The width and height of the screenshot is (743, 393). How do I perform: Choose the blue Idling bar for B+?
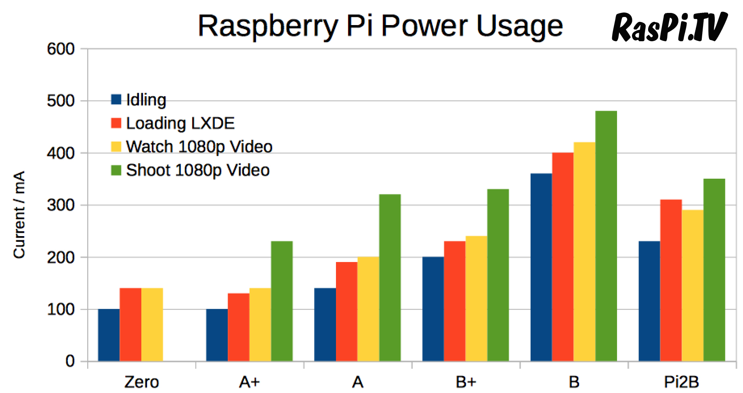pyautogui.click(x=433, y=309)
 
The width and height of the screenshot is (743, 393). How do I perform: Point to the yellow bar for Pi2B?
pyautogui.click(x=693, y=285)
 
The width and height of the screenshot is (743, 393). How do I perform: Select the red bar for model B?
pyautogui.click(x=562, y=257)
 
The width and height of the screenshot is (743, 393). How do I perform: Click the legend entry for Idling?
pyautogui.click(x=146, y=99)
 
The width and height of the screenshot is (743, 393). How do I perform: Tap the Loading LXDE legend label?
pyautogui.click(x=180, y=123)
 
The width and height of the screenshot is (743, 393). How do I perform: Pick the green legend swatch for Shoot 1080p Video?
pyautogui.click(x=116, y=170)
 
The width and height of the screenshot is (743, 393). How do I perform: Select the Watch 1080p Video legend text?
pyautogui.click(x=199, y=146)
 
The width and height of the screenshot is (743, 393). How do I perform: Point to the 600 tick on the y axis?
pyautogui.click(x=61, y=49)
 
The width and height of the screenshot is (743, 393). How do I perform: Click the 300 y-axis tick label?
pyautogui.click(x=61, y=205)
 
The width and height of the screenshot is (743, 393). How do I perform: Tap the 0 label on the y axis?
pyautogui.click(x=70, y=361)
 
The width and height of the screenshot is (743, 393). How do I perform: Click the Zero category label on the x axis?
pyautogui.click(x=141, y=382)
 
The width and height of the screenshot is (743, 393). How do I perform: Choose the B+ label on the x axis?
pyautogui.click(x=466, y=382)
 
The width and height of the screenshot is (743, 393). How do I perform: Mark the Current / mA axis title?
pyautogui.click(x=19, y=214)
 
